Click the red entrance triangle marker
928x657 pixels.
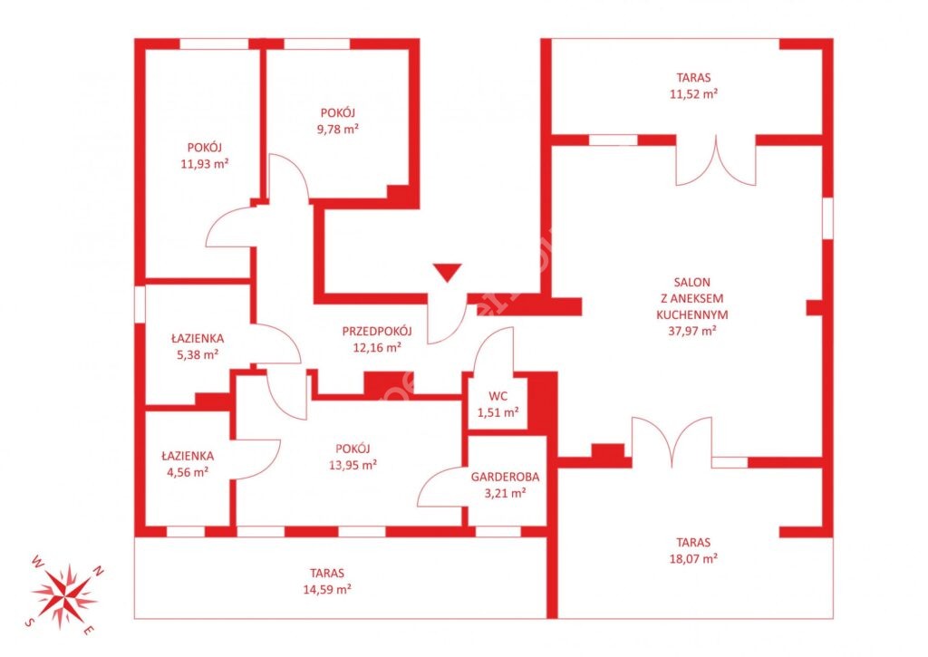447,272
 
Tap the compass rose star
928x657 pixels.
63,594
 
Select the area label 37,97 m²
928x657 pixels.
692,331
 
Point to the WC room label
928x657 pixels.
498,396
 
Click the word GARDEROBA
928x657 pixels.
505,477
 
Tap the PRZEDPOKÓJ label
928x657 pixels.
377,332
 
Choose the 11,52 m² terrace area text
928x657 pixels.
693,93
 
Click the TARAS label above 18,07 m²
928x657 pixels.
693,542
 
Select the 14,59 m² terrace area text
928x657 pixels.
327,590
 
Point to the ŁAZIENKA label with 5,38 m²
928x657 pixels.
198,338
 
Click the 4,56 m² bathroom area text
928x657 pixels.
188,472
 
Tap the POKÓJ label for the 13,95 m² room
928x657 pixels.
353,449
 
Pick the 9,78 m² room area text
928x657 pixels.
338,129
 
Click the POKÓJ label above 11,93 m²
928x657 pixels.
205,148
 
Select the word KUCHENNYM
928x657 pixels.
692,314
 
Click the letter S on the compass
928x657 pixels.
28,622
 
